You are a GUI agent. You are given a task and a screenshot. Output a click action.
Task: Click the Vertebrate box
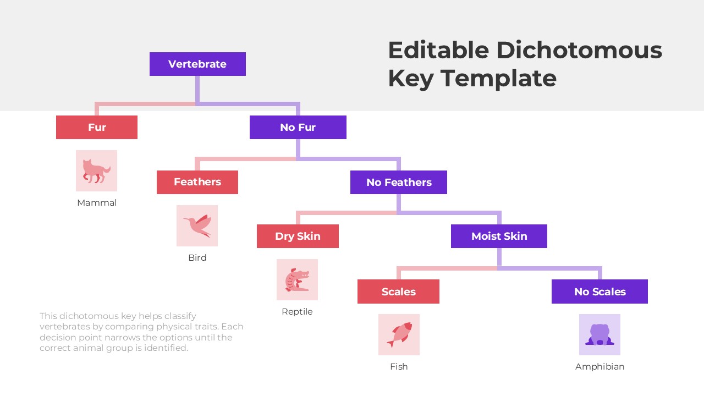point(197,64)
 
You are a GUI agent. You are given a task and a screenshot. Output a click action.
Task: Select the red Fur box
point(97,127)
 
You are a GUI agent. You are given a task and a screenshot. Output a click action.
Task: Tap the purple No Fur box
point(298,127)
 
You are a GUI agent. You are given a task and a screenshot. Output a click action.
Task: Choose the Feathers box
point(197,182)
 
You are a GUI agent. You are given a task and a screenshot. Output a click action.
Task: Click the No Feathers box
point(398,182)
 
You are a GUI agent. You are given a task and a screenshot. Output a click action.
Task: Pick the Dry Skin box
point(298,236)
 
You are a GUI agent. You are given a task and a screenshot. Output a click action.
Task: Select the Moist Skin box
point(499,236)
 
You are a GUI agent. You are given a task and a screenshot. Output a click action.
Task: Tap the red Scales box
point(398,291)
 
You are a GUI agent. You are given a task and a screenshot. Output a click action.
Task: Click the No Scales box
point(599,291)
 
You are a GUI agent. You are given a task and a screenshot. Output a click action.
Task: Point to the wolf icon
point(96,170)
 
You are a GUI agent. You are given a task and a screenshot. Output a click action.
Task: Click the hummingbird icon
point(197,226)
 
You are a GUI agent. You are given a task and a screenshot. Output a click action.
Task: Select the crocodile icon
point(297,279)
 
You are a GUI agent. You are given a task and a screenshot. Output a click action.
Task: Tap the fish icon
point(399,334)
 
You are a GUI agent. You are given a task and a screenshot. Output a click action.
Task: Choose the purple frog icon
point(599,334)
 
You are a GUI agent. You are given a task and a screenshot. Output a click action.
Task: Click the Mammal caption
point(97,203)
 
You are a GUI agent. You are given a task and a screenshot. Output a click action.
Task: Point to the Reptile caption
point(297,312)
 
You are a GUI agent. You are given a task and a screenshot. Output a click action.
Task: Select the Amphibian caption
point(599,367)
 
